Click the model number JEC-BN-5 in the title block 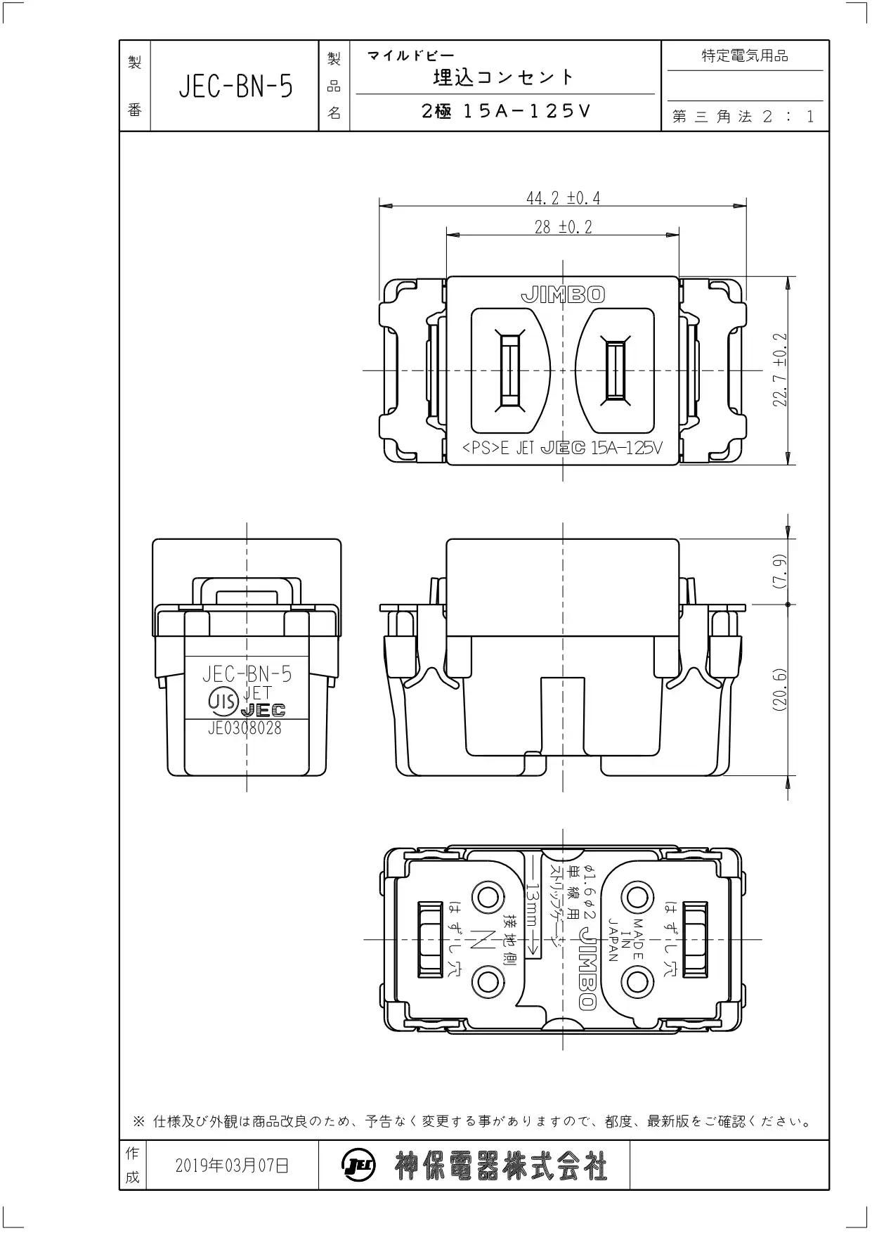click(x=235, y=87)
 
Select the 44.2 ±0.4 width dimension click(x=564, y=198)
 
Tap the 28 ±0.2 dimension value click(x=564, y=227)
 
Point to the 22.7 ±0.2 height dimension click(x=781, y=370)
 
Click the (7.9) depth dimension click(x=781, y=572)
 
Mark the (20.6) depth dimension click(x=781, y=690)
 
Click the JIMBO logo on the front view click(x=563, y=295)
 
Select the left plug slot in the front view click(x=509, y=370)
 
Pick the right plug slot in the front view click(x=616, y=370)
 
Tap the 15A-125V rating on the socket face click(x=627, y=448)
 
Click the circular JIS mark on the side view click(x=222, y=700)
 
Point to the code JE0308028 click(x=245, y=728)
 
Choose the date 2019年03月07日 click(x=232, y=1165)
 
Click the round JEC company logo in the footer click(x=359, y=1166)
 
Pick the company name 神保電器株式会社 click(x=500, y=1166)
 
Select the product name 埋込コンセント click(x=504, y=77)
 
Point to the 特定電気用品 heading click(x=745, y=56)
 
